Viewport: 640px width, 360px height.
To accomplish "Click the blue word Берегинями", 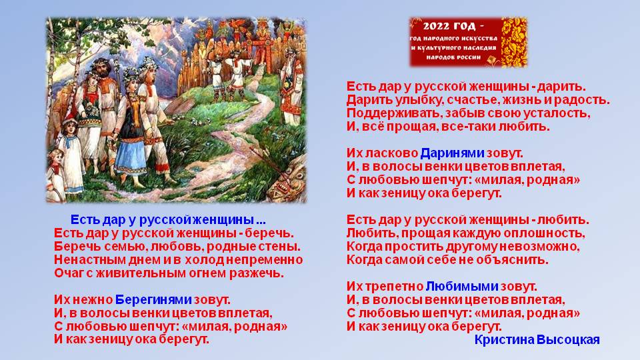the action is [153, 300].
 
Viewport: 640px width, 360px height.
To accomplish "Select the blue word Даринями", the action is [452, 153].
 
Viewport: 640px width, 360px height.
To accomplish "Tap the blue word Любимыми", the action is [462, 287].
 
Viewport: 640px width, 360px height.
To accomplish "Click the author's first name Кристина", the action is [504, 339].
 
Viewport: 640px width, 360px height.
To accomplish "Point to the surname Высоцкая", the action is [568, 339].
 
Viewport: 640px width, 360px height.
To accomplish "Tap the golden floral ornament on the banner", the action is [514, 42].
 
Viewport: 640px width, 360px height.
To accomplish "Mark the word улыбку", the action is [419, 100].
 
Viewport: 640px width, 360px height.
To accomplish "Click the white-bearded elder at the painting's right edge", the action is [291, 88].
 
